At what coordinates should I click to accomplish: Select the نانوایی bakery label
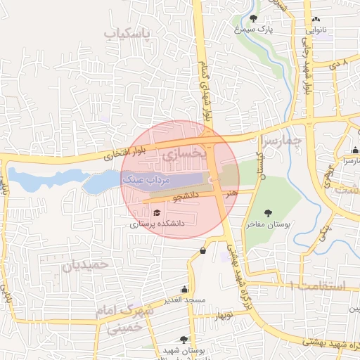pyautogui.click(x=316, y=30)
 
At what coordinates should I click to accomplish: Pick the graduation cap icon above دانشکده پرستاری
pyautogui.click(x=156, y=212)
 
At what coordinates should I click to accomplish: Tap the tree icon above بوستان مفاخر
pyautogui.click(x=267, y=212)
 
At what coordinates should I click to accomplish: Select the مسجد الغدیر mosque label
pyautogui.click(x=185, y=300)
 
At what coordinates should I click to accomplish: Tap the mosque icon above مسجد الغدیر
pyautogui.click(x=185, y=289)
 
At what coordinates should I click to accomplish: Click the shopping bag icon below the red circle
pyautogui.click(x=203, y=250)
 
